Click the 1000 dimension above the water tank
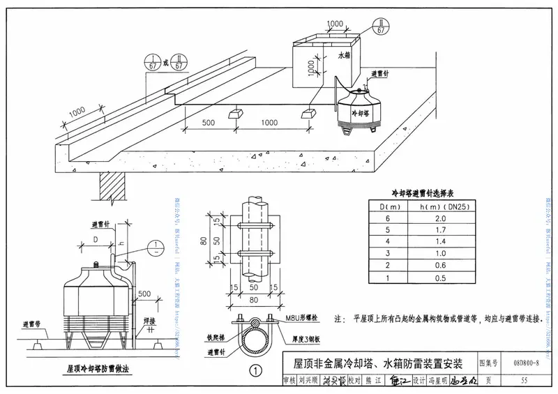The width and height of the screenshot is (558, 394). click(x=335, y=24)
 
